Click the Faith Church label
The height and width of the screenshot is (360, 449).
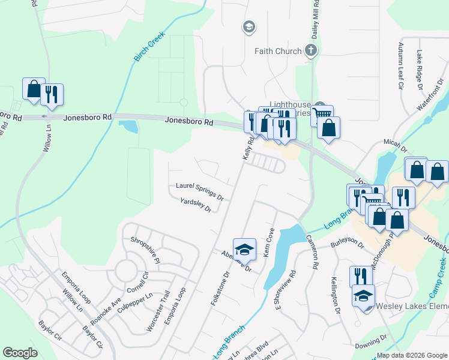pyautogui.click(x=277, y=51)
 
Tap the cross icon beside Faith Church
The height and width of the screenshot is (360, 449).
pyautogui.click(x=311, y=50)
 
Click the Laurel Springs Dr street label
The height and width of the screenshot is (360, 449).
pyautogui.click(x=199, y=191)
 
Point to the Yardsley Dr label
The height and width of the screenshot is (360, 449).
pyautogui.click(x=196, y=206)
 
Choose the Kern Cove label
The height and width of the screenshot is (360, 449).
pyautogui.click(x=268, y=243)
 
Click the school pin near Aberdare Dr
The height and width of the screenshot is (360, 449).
pyautogui.click(x=244, y=249)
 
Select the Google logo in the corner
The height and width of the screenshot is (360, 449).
pyautogui.click(x=20, y=352)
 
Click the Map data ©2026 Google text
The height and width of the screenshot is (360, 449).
pyautogui.click(x=411, y=355)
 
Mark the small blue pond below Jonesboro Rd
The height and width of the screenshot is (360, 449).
pyautogui.click(x=128, y=127)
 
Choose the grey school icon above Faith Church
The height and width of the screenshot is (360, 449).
pyautogui.click(x=248, y=26)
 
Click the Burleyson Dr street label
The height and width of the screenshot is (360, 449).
pyautogui.click(x=348, y=243)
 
